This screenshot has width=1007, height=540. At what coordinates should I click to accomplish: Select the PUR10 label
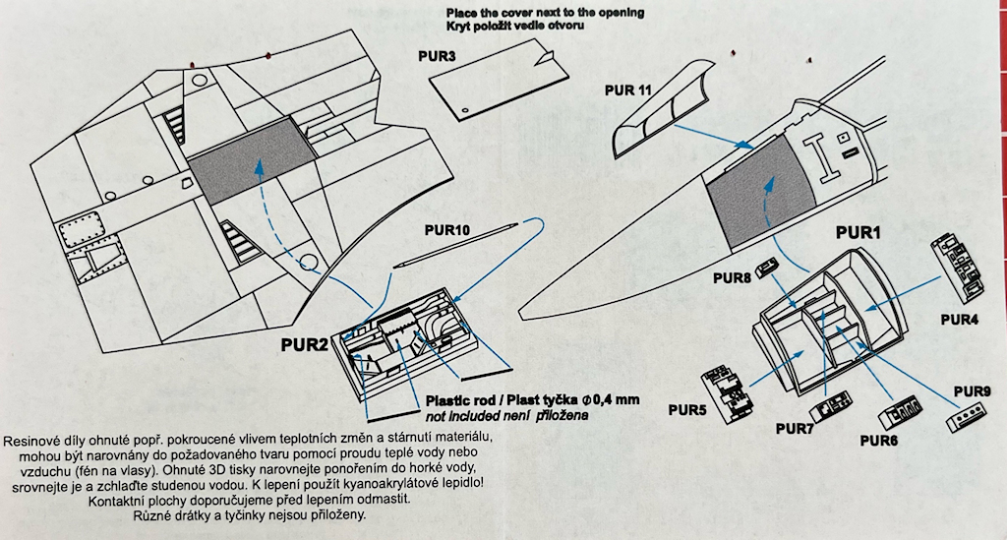pyautogui.click(x=448, y=230)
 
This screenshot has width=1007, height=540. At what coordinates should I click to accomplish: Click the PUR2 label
pyautogui.click(x=303, y=344)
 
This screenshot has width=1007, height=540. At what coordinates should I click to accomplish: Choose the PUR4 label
pyautogui.click(x=959, y=320)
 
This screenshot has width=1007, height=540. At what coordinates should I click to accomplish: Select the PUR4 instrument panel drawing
pyautogui.click(x=960, y=266)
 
